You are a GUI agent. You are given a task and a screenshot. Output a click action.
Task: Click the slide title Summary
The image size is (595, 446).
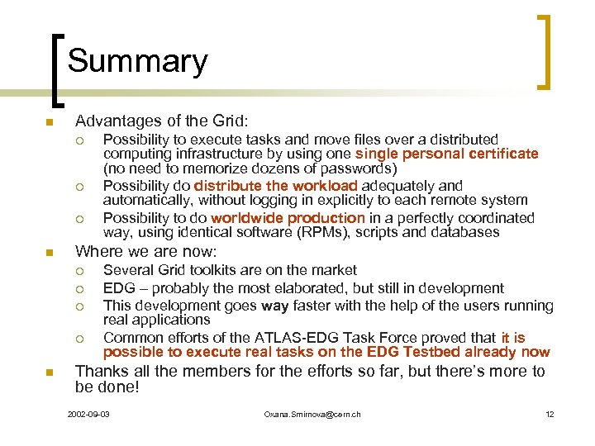tap(137, 61)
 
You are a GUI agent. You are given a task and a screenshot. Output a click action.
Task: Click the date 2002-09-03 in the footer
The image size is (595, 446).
tap(89, 414)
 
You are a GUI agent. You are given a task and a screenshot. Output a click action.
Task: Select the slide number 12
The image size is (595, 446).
tap(550, 414)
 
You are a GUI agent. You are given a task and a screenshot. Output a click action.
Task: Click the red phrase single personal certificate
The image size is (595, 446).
tap(446, 154)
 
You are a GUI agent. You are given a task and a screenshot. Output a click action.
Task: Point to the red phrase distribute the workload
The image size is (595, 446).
tap(275, 186)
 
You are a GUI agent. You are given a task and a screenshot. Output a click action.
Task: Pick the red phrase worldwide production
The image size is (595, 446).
tap(288, 218)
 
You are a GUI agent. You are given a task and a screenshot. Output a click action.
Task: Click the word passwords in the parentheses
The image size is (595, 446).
tap(362, 168)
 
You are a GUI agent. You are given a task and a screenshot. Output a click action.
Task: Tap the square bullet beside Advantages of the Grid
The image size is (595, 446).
tap(50, 123)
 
